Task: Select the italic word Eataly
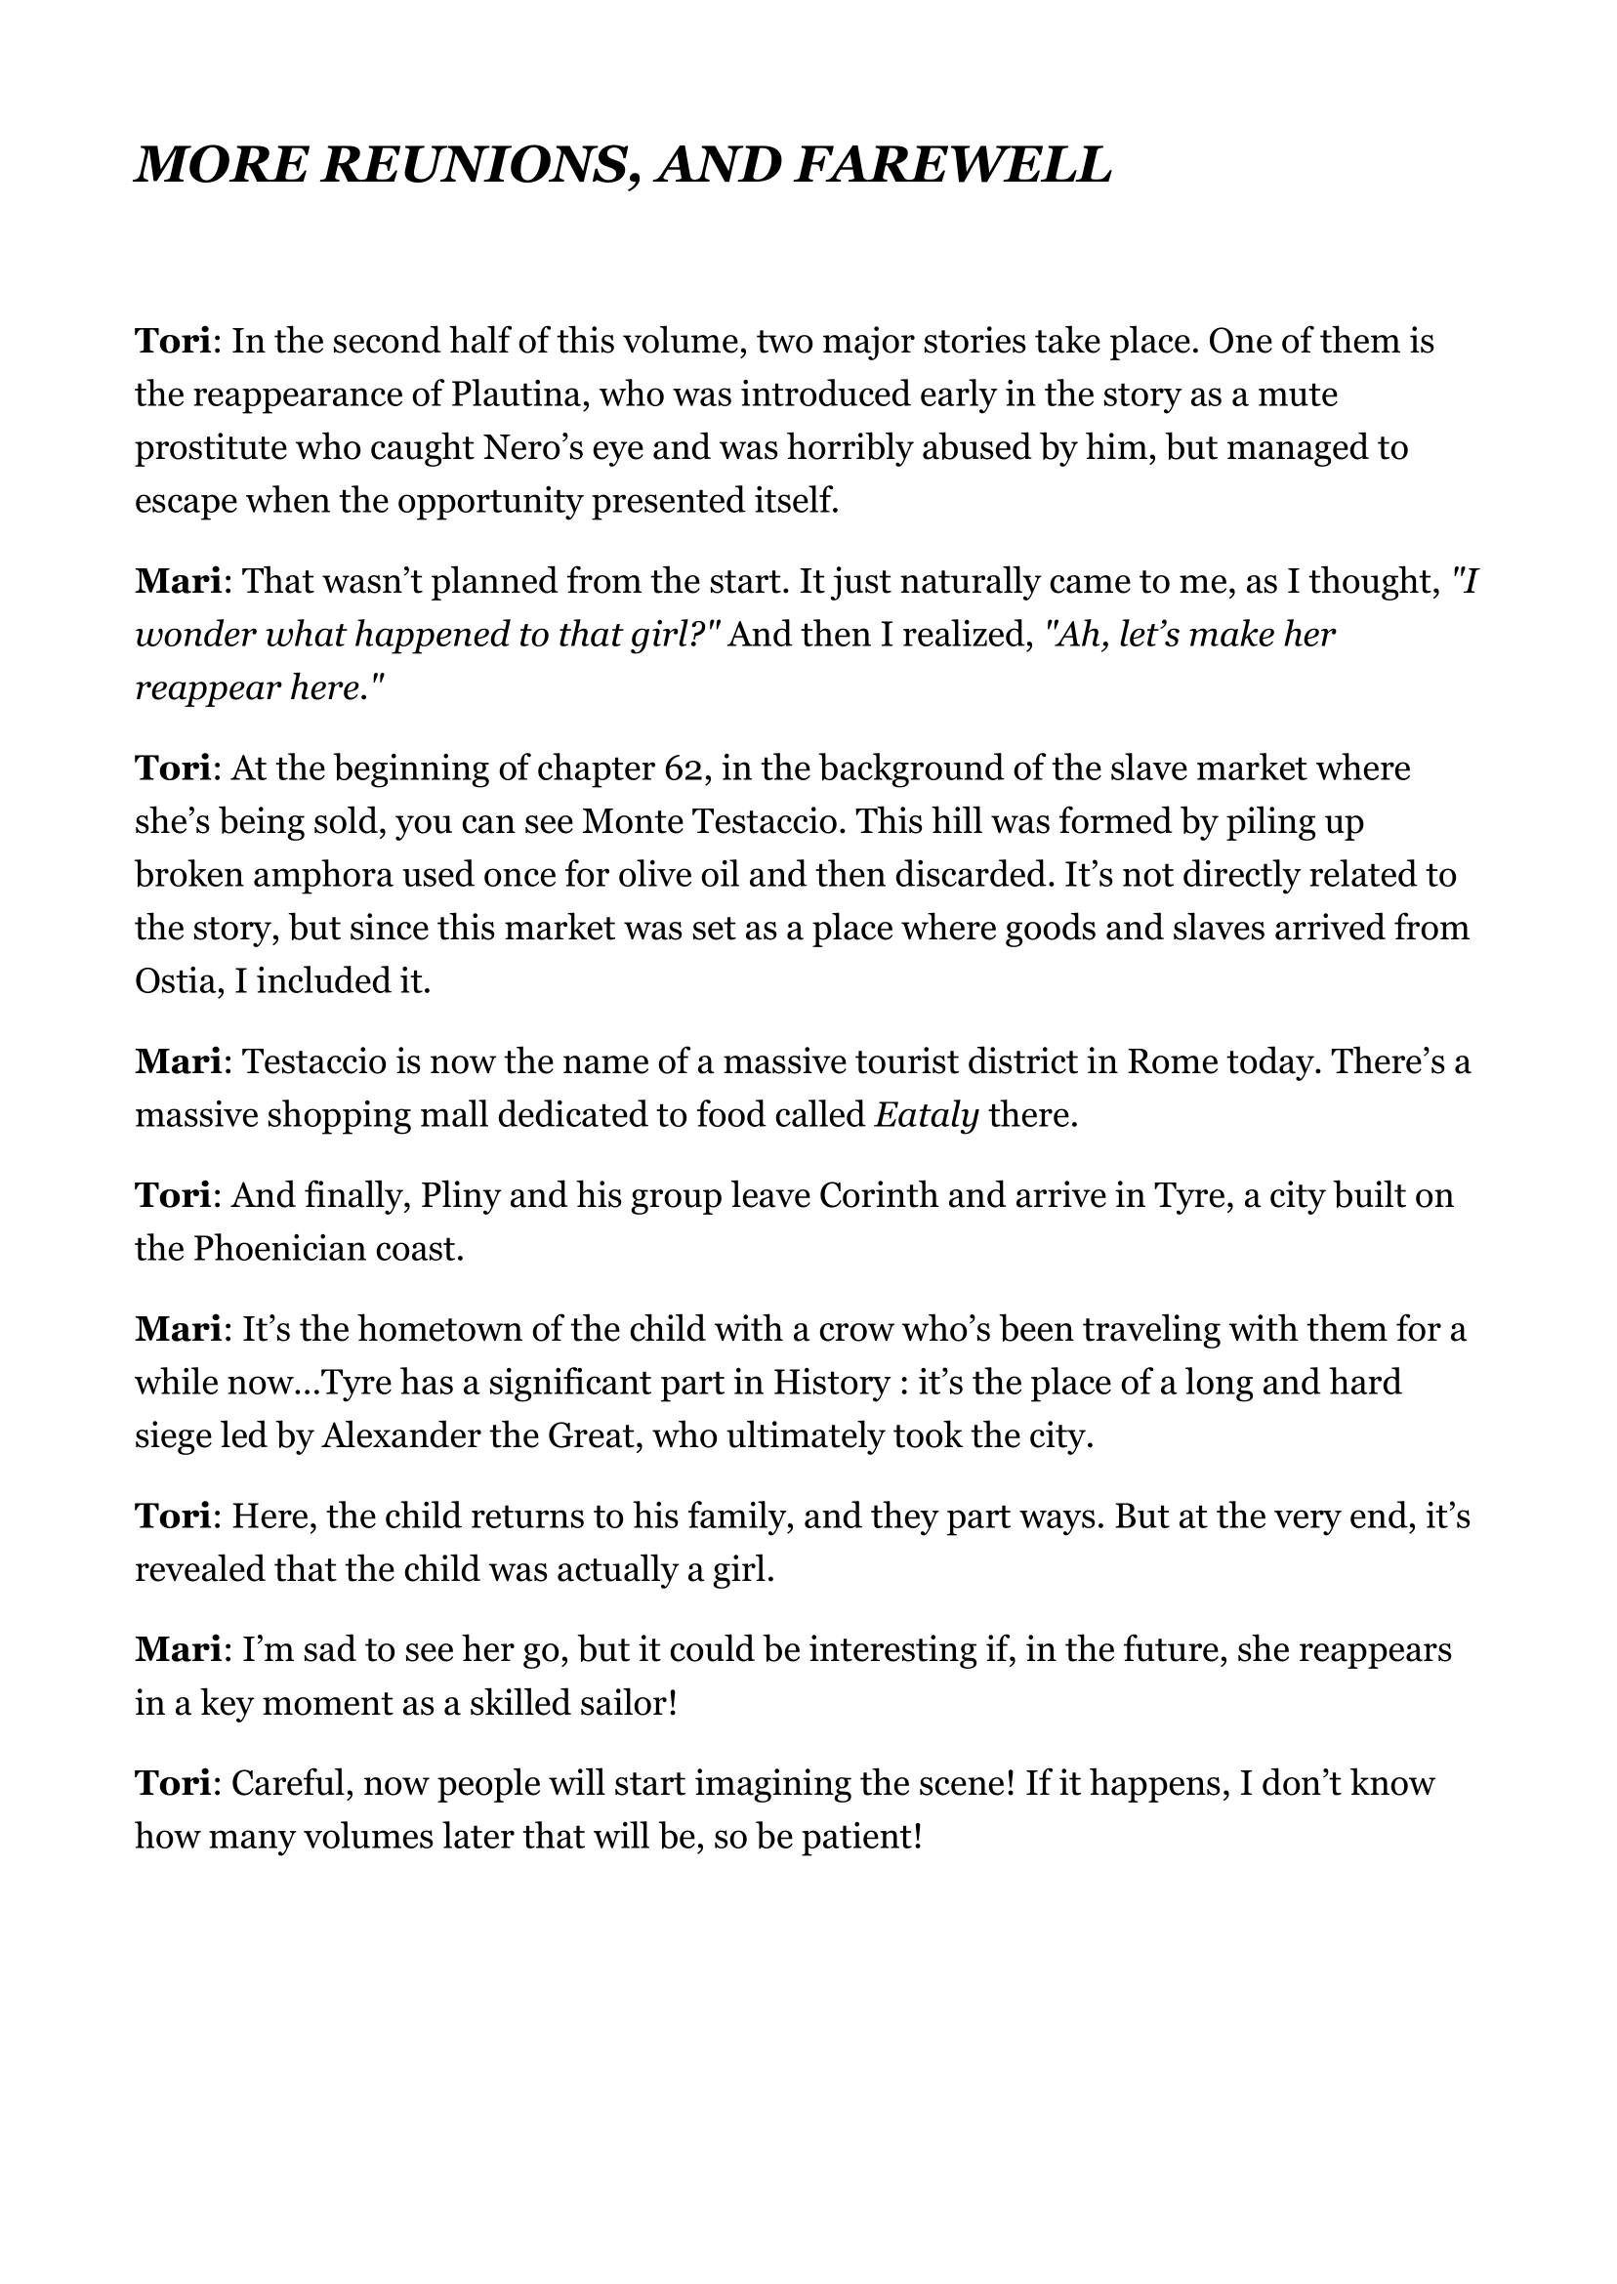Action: coord(926,1115)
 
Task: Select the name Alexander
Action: coord(404,1435)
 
